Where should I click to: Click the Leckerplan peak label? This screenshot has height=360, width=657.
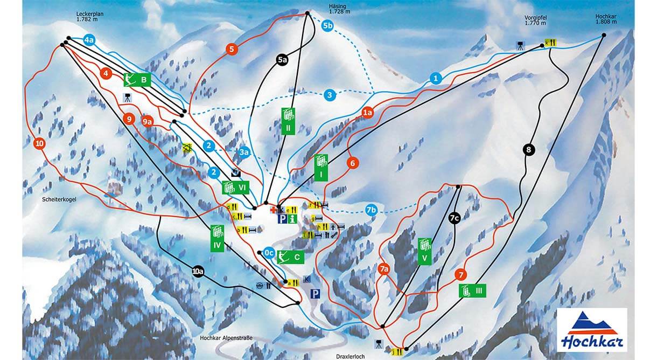(x=89, y=16)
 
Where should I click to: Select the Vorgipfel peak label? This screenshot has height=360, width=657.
(x=535, y=20)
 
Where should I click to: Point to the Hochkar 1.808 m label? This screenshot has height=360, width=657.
(x=605, y=20)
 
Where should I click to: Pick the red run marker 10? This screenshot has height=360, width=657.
(x=38, y=143)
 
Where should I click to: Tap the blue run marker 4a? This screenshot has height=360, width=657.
(x=89, y=40)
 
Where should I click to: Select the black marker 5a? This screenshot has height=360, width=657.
(x=282, y=60)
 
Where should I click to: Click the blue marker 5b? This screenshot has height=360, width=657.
(x=328, y=25)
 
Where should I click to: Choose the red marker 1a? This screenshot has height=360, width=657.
(x=367, y=113)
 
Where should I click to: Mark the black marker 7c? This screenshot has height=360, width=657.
(x=454, y=218)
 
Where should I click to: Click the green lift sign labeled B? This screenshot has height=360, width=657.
(x=137, y=80)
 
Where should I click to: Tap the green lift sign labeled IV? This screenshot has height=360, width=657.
(x=217, y=238)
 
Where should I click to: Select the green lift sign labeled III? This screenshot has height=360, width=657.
(x=472, y=290)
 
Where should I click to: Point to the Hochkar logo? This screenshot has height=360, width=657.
(x=591, y=330)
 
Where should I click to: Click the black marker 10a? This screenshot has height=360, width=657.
(x=198, y=271)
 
